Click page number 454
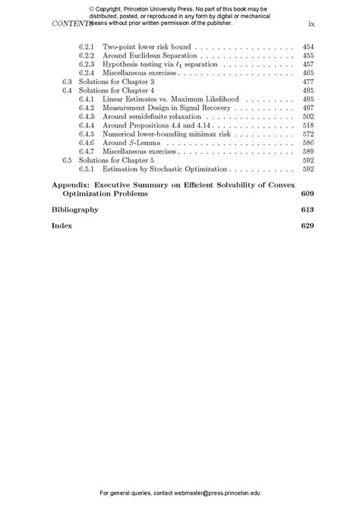click(x=308, y=47)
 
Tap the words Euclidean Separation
click(x=162, y=55)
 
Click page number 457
click(x=308, y=64)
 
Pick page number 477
click(x=308, y=81)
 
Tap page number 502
click(x=308, y=116)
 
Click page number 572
click(x=308, y=134)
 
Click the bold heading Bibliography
click(x=75, y=209)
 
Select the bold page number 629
click(x=307, y=225)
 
